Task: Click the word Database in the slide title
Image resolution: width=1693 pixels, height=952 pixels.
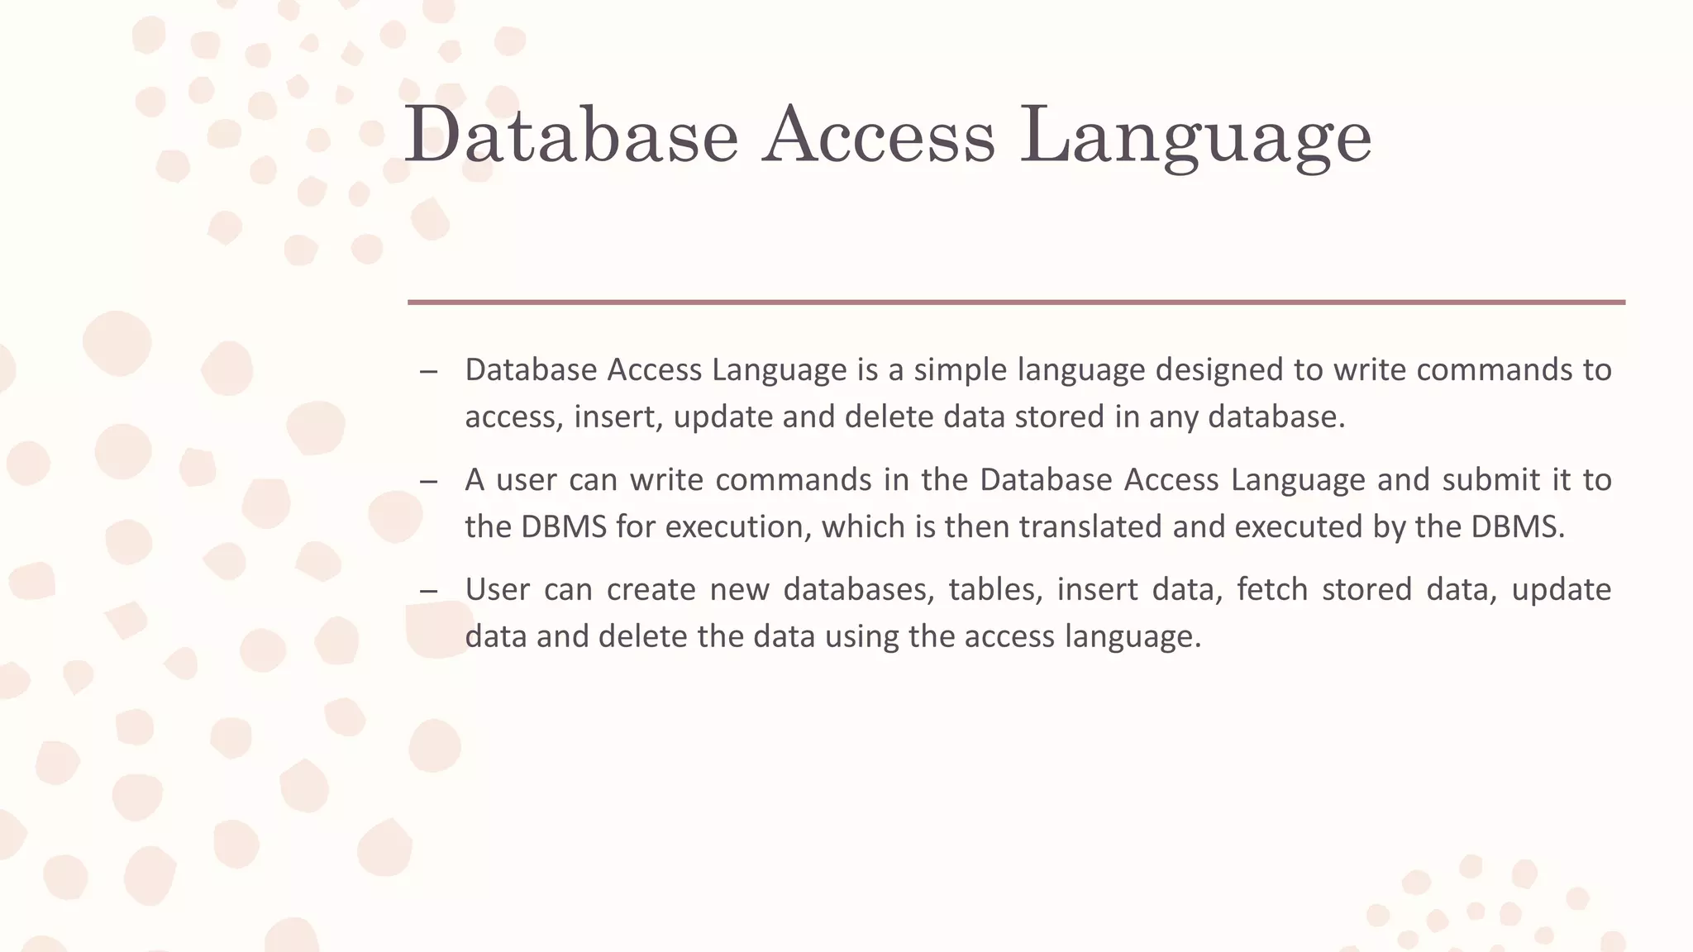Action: [x=570, y=135]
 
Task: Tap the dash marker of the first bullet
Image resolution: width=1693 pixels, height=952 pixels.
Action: [x=428, y=371]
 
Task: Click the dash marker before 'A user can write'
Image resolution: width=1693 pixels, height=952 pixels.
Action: [x=428, y=481]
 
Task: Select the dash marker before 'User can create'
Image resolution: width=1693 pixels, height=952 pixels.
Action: [x=428, y=591]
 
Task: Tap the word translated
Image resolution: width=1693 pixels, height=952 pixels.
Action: [x=1090, y=526]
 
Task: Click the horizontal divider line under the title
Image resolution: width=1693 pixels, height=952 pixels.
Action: [x=1016, y=302]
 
